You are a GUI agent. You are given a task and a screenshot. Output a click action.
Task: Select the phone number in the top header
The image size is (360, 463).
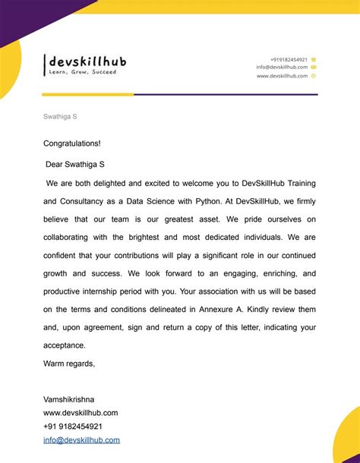tap(289, 59)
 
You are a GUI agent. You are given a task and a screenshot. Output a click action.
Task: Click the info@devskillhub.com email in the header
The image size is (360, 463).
tap(282, 67)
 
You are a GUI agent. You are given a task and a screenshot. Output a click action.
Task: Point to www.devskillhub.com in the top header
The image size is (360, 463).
tap(282, 76)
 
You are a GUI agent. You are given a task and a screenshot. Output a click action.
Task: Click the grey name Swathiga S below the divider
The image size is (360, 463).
tap(60, 117)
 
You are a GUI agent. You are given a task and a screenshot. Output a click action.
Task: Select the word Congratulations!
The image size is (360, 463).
tap(72, 143)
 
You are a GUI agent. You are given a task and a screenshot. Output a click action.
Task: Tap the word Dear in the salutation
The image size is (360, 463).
tap(56, 164)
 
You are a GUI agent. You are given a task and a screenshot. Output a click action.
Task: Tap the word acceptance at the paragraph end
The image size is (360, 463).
tap(64, 345)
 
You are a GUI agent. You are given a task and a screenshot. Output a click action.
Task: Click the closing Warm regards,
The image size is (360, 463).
tap(69, 364)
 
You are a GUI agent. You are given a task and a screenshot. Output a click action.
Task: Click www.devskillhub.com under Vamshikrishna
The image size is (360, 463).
tap(81, 413)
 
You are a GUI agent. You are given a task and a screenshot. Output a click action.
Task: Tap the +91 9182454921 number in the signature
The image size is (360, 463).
tap(73, 427)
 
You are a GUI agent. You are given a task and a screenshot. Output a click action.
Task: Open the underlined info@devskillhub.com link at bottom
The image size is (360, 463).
tap(82, 440)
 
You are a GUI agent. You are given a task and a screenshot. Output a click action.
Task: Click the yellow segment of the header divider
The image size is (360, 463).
tap(87, 95)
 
